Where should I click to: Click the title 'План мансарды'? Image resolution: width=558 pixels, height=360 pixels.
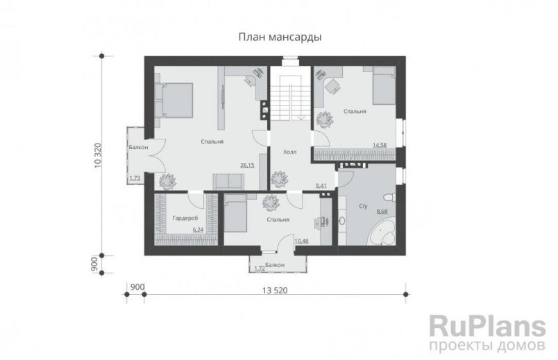pyautogui.click(x=279, y=37)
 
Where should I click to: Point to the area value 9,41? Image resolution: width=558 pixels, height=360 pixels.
pyautogui.click(x=321, y=186)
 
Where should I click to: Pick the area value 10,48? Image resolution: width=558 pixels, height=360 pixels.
pyautogui.click(x=301, y=241)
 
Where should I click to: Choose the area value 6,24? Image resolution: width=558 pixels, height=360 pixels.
pyautogui.click(x=198, y=230)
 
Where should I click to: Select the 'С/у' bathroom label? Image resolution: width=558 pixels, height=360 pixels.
pyautogui.click(x=362, y=207)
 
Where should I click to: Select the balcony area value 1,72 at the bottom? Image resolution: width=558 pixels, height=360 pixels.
pyautogui.click(x=260, y=268)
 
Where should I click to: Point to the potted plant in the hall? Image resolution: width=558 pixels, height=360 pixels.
pyautogui.click(x=279, y=179)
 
